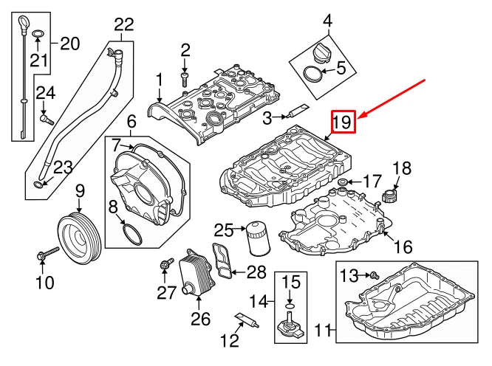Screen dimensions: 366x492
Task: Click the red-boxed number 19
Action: (x=344, y=122)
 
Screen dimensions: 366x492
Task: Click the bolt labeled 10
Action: (x=44, y=255)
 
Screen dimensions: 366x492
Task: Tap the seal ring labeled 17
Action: (x=344, y=182)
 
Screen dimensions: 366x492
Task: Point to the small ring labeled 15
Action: (x=290, y=303)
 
